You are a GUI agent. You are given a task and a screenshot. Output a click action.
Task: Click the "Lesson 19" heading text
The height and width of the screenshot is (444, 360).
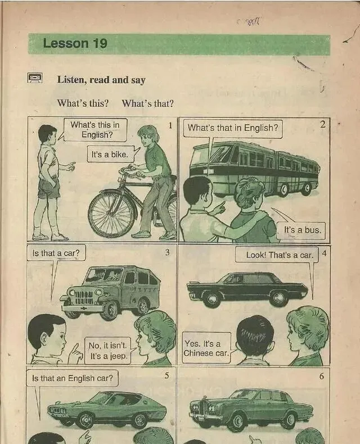[75, 44]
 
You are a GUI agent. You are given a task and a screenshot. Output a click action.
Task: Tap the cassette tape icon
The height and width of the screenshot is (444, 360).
[35, 78]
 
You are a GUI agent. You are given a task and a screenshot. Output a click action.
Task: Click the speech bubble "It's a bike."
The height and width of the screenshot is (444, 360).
[110, 155]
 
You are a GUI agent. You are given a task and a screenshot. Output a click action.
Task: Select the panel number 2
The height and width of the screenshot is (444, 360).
[322, 124]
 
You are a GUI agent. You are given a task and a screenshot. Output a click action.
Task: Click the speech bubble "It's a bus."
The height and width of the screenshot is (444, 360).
[303, 230]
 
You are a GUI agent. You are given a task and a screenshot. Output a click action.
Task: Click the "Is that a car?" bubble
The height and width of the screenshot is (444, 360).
[56, 253]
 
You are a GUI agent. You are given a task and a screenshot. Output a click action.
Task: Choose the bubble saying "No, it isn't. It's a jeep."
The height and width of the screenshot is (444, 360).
[108, 351]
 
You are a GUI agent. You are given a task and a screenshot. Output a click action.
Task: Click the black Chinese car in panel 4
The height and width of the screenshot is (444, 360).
[247, 289]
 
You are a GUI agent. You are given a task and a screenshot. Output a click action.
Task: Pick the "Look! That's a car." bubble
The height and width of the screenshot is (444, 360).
[277, 255]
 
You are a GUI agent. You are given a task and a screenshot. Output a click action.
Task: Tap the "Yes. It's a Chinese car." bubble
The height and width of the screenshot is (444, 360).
[206, 348]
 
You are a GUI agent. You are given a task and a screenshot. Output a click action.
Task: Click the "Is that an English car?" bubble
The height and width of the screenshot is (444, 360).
[73, 378]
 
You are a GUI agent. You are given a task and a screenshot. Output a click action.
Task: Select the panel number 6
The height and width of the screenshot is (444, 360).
[321, 376]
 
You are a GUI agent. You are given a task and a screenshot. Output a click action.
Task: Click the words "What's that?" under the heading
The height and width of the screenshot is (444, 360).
[147, 103]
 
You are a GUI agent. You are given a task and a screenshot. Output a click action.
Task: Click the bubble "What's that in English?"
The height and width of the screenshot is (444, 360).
[233, 128]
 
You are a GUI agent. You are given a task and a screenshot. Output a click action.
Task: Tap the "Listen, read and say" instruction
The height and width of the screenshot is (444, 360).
[101, 80]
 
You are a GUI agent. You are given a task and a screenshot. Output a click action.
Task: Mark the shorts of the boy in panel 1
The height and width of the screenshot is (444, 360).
[49, 188]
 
